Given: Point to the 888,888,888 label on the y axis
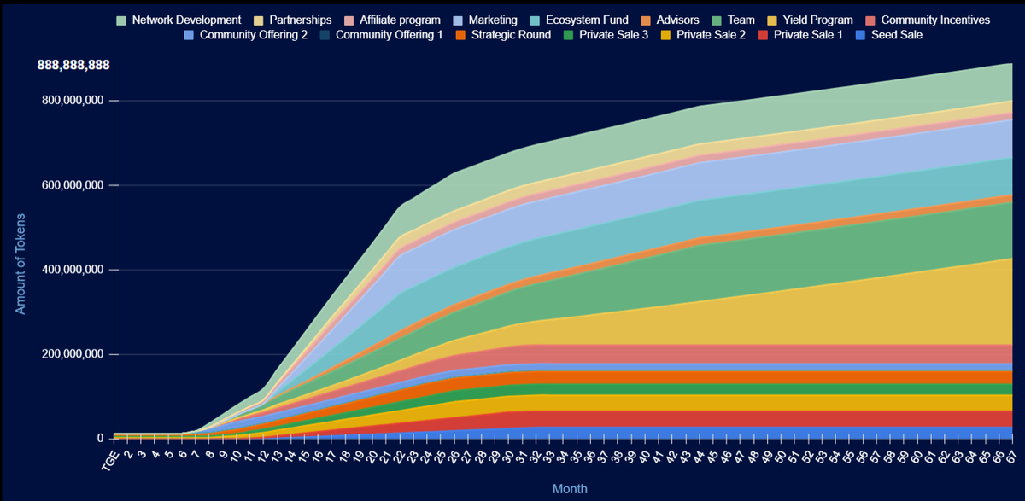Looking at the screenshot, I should (73, 66).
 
